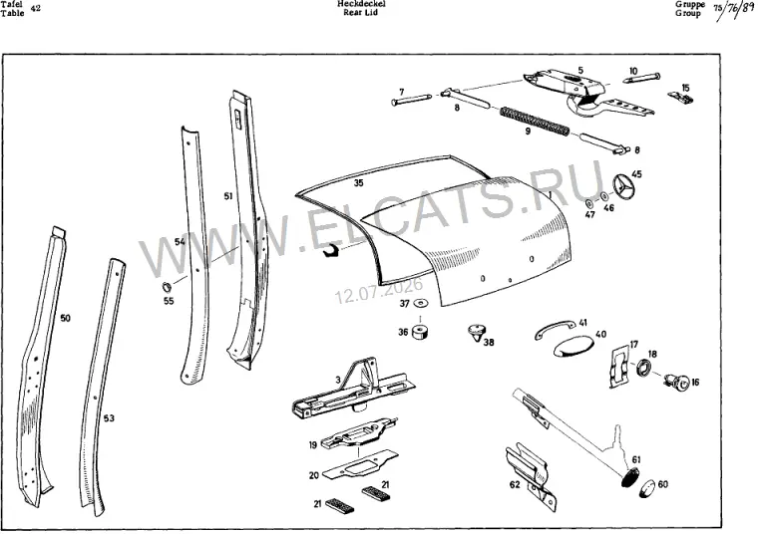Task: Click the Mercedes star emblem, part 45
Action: tap(624, 187)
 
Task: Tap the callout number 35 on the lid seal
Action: tap(358, 182)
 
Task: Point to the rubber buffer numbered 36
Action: tap(421, 332)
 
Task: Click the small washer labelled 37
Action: tap(421, 303)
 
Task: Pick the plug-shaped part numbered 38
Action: tap(476, 332)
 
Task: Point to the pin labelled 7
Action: tap(411, 99)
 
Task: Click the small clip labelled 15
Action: tap(681, 97)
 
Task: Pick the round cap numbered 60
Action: tap(646, 487)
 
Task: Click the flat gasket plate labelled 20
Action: tap(360, 463)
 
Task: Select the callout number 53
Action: tap(109, 417)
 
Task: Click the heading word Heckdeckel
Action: tap(362, 4)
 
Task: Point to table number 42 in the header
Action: tap(35, 8)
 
